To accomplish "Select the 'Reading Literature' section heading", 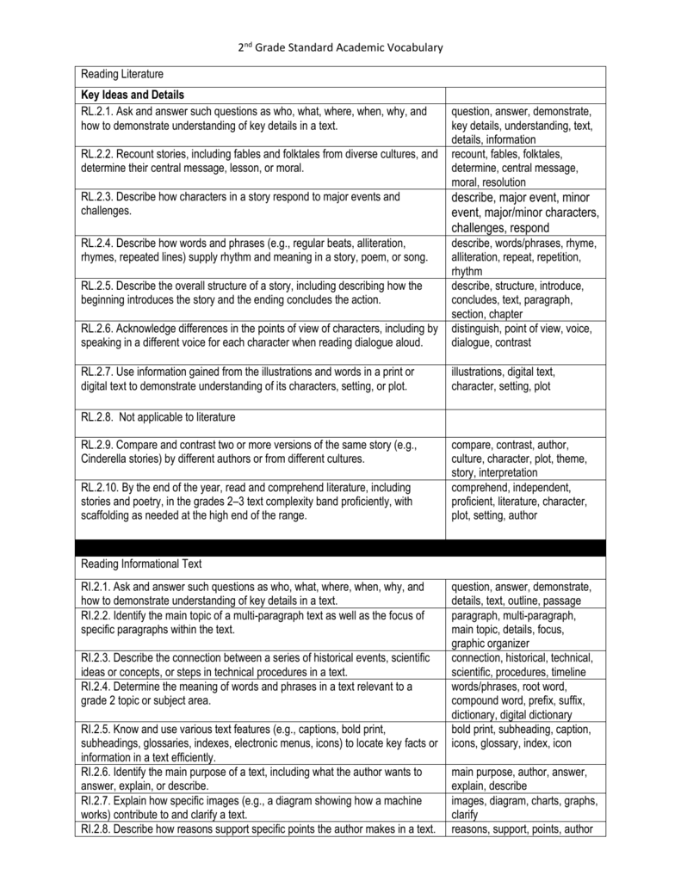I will tap(121, 75).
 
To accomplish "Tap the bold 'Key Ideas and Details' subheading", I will tap(133, 94).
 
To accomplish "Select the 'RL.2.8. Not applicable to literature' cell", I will tap(158, 417).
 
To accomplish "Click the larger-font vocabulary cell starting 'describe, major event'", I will tap(524, 213).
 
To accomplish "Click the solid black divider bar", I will tap(341, 547).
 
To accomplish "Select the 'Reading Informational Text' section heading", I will tap(140, 564).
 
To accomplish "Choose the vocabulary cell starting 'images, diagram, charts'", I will tap(523, 807).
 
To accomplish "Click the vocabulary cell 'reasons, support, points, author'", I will tap(523, 829).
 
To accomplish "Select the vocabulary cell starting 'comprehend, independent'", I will tap(519, 501).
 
